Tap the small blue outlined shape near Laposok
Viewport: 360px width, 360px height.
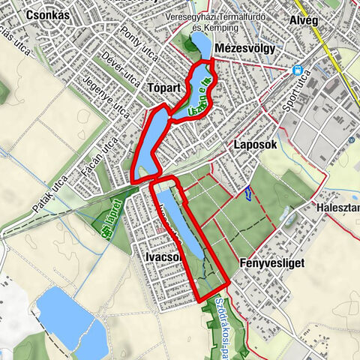point(246,193)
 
